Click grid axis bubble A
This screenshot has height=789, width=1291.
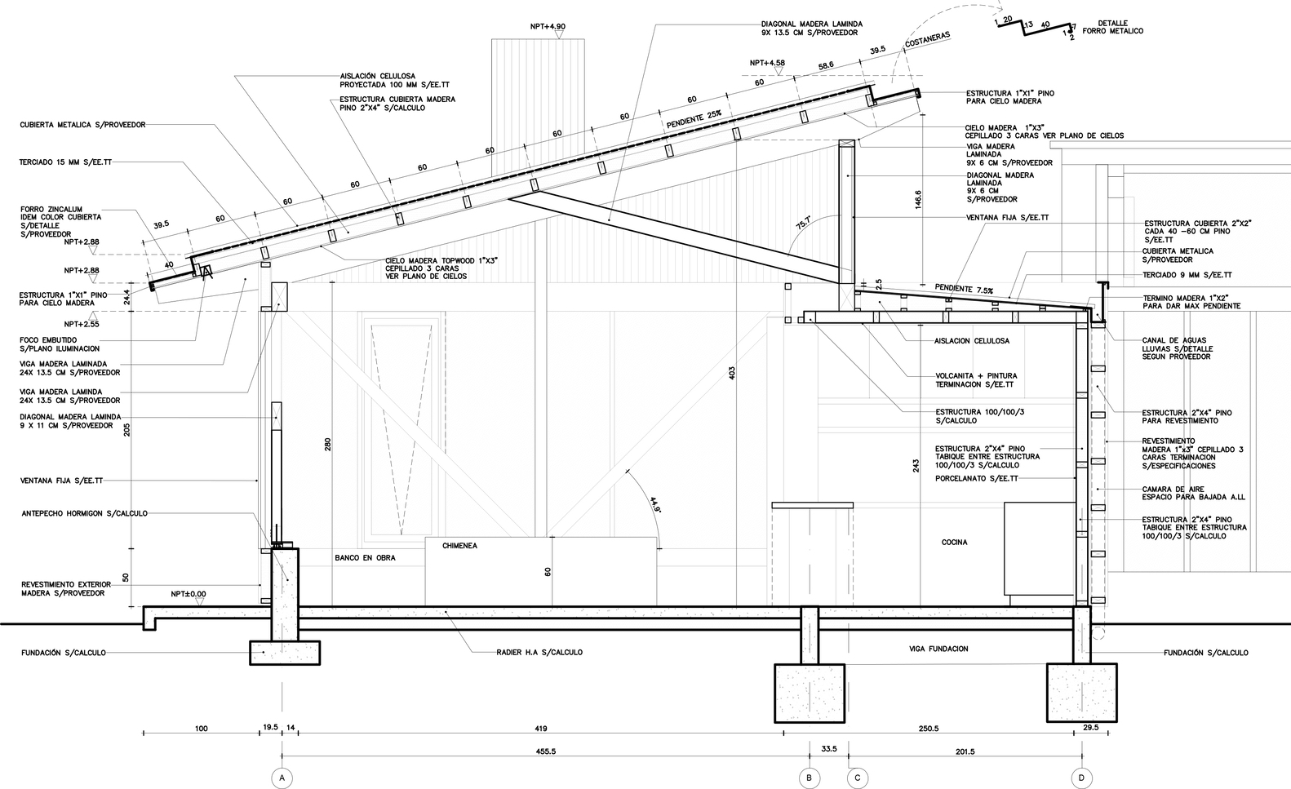(282, 778)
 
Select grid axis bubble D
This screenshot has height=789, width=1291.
(1081, 778)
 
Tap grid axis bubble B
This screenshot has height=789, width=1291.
(810, 778)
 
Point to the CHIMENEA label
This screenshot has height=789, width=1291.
(459, 545)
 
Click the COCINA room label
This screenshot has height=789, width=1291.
(955, 543)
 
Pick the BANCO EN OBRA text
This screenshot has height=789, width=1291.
(365, 558)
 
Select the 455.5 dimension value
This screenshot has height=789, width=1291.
(545, 751)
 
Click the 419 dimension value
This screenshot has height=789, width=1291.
(540, 729)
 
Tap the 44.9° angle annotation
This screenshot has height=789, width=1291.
(655, 505)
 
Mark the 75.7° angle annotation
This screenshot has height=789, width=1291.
(804, 223)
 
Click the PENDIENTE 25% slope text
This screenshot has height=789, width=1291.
(694, 119)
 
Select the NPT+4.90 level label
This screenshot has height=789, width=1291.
(548, 26)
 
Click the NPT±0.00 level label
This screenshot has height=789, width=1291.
(188, 594)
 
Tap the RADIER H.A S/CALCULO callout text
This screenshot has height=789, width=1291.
(539, 653)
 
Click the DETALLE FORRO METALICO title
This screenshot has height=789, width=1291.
(1113, 27)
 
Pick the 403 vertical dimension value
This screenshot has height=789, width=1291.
(732, 374)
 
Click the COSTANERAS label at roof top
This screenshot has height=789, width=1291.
(927, 40)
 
